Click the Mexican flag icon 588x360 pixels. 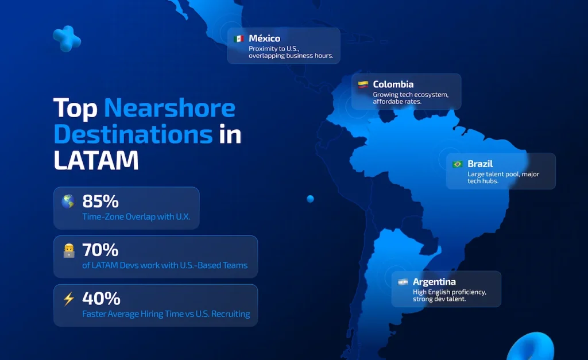pos(238,38)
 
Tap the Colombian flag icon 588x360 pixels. pos(363,84)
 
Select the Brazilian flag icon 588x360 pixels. pos(458,164)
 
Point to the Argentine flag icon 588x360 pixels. pos(403,282)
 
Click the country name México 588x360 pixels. pos(264,38)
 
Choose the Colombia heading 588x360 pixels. pos(393,84)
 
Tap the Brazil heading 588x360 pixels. pos(480,164)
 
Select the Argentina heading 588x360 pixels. pos(434,281)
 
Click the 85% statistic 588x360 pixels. pos(100,202)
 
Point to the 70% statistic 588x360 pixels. pos(100,250)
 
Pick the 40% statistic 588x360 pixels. pos(101,299)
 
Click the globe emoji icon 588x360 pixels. pos(68,202)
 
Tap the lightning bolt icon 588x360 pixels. pos(69,299)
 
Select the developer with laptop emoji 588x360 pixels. pos(69,251)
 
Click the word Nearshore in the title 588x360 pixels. pos(169,108)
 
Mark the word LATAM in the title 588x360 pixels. pos(96,161)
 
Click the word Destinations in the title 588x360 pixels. pos(133,134)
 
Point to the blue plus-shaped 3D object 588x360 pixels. pos(67,38)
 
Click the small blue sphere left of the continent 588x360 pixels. pos(310,199)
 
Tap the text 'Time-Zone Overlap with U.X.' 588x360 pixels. pos(136,217)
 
